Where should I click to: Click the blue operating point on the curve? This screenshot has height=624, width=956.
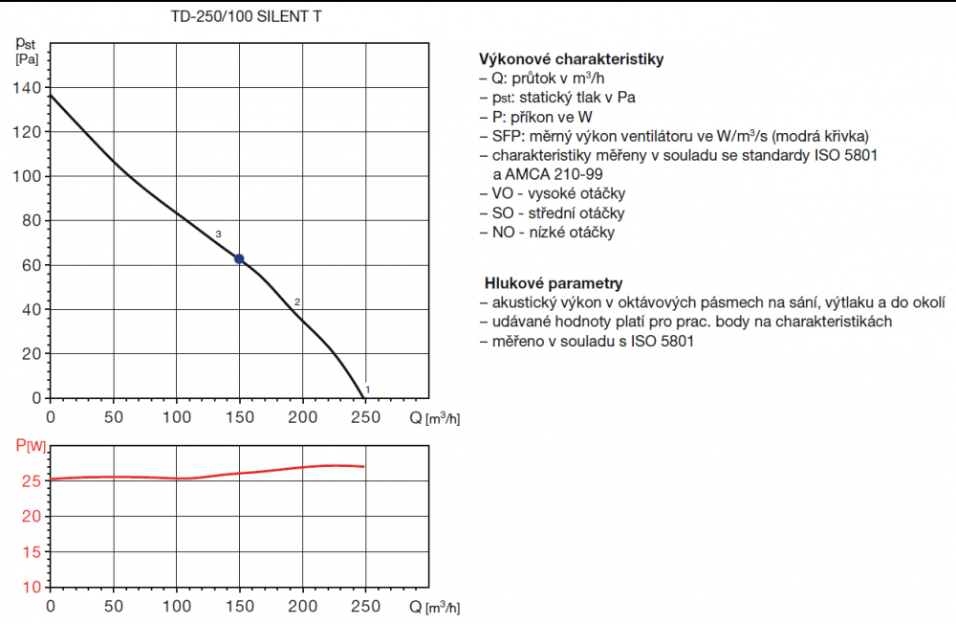(x=239, y=259)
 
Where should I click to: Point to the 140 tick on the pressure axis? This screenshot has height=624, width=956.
(x=29, y=88)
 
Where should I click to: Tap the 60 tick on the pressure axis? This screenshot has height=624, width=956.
(x=33, y=265)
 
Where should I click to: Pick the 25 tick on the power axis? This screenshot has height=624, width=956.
(x=33, y=481)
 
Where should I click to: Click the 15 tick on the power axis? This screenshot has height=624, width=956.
(x=33, y=551)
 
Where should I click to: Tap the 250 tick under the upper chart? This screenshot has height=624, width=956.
(x=365, y=417)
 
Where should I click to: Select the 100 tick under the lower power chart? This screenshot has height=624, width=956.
(x=176, y=606)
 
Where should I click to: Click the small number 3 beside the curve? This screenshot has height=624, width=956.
(x=219, y=234)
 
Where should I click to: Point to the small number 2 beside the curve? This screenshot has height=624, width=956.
(x=297, y=302)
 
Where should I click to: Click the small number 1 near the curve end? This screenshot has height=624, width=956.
(x=368, y=389)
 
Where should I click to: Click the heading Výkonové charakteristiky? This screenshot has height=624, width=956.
(x=572, y=59)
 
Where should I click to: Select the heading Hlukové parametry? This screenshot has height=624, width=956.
(x=554, y=283)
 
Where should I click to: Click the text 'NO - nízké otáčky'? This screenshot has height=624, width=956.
(x=554, y=232)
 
